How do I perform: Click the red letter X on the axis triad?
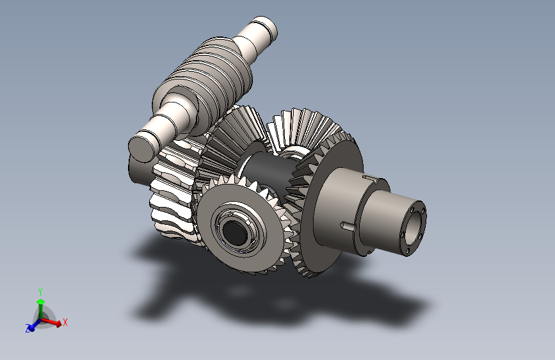click(x=65, y=322)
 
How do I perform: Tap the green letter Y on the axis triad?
click(x=40, y=292)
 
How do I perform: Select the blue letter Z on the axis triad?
click(x=28, y=328)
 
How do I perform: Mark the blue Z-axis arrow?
click(x=34, y=325)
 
